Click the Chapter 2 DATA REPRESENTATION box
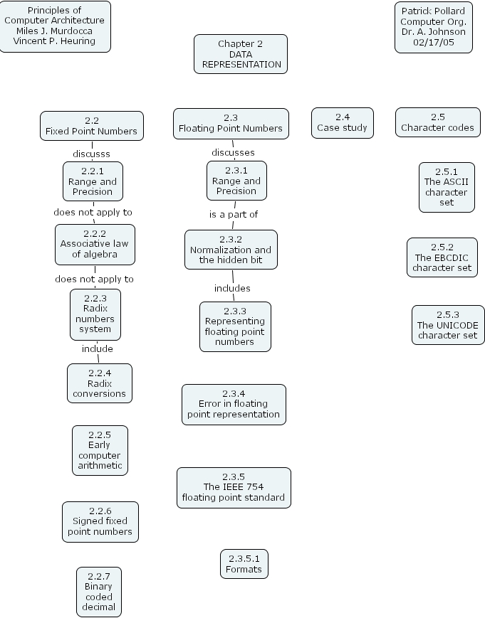241,54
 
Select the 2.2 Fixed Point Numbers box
91,126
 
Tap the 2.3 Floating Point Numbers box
231,123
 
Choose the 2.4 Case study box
342,122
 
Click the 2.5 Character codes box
437,122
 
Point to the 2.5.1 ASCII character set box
447,187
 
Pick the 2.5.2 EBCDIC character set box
442,257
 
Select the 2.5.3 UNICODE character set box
448,324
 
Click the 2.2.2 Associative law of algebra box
95,244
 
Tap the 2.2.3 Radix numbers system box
95,314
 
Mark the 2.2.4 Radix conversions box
99,383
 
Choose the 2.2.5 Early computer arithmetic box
100,450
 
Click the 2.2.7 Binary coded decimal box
99,592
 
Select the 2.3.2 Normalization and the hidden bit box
231,250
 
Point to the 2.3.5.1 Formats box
244,564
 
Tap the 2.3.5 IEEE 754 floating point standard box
234,487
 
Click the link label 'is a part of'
233,214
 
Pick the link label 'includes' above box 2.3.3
232,288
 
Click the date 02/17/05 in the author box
433,42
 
